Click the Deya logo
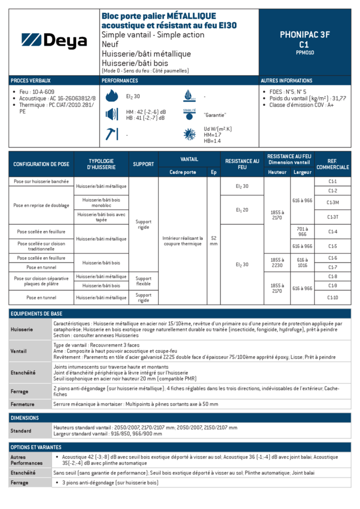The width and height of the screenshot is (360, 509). click(54, 41)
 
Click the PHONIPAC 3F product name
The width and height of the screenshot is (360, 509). click(304, 35)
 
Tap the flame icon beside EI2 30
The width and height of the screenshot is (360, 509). click(112, 96)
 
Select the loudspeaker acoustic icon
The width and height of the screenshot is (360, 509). click(112, 115)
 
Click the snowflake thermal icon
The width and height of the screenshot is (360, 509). click(189, 134)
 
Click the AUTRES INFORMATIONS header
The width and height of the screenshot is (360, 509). click(286, 80)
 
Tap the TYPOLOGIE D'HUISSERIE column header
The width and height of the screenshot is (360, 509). click(101, 164)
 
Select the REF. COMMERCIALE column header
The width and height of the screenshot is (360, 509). click(333, 164)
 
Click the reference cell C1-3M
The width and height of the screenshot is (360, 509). click(333, 203)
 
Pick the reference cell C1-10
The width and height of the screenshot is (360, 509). click(333, 298)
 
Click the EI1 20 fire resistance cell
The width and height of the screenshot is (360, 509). click(242, 210)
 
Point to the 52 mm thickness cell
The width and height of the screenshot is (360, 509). click(213, 241)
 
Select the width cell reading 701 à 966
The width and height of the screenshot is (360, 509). click(302, 232)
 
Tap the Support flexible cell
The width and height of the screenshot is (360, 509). click(143, 281)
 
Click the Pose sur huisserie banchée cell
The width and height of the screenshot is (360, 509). click(42, 181)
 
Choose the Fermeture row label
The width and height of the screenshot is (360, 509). click(22, 404)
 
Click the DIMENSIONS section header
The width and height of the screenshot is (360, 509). click(25, 418)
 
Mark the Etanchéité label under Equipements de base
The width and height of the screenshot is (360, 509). click(23, 373)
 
